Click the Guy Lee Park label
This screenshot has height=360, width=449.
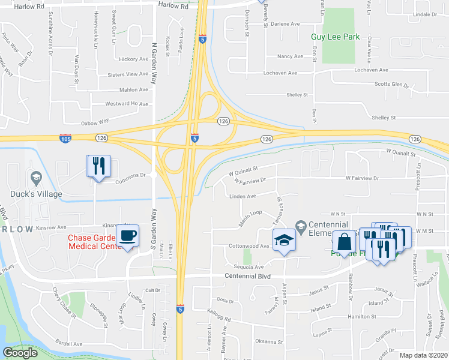pyautogui.click(x=335, y=37)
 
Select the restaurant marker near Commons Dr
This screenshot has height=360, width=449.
pyautogui.click(x=98, y=166)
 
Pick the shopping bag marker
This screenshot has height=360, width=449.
pyautogui.click(x=345, y=242)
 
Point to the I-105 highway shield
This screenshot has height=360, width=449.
pyautogui.click(x=65, y=139)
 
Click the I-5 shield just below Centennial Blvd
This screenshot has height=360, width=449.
pyautogui.click(x=180, y=308)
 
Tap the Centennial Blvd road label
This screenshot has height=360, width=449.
pyautogui.click(x=247, y=276)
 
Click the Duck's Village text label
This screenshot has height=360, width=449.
pyautogui.click(x=35, y=194)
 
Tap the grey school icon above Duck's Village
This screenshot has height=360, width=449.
pyautogui.click(x=35, y=178)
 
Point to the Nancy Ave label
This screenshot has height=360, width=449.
pyautogui.click(x=290, y=56)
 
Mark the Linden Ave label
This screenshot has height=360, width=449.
pyautogui.click(x=243, y=196)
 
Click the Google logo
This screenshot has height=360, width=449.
pyautogui.click(x=20, y=353)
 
